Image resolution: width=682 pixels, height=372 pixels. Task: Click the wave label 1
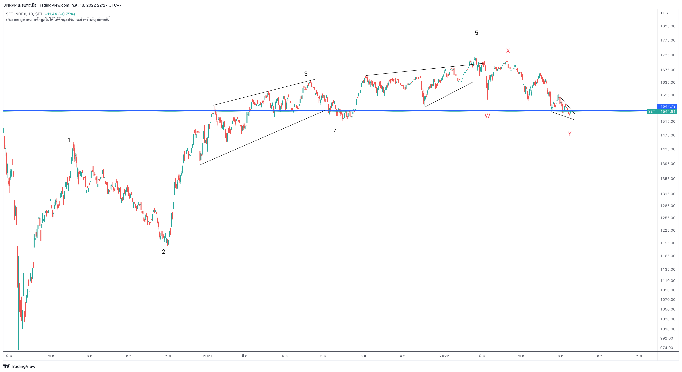click(69, 140)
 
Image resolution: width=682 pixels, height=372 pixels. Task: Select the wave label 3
click(306, 74)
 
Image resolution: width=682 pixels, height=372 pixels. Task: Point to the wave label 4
click(335, 131)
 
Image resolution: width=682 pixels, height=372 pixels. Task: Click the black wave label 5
click(477, 33)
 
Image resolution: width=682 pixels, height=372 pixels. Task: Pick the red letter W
click(487, 116)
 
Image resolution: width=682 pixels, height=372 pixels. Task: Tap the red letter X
click(508, 51)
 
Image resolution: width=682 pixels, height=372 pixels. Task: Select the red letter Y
click(570, 134)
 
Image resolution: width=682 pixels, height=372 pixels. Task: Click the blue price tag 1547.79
click(667, 106)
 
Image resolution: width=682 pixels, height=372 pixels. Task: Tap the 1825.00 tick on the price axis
click(668, 26)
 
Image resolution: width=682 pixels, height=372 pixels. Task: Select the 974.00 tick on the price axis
click(667, 348)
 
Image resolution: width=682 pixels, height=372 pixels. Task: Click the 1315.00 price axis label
click(668, 194)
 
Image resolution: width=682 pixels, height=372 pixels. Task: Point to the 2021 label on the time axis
click(208, 356)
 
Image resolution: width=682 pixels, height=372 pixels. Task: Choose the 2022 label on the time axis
click(444, 356)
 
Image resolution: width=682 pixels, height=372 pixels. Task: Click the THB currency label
click(664, 13)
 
